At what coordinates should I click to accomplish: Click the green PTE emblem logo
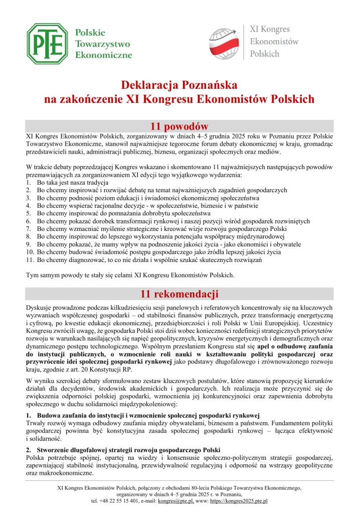click(48, 43)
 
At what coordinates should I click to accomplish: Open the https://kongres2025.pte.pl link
click(239, 501)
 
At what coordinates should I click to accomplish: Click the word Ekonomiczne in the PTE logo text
click(103, 54)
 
